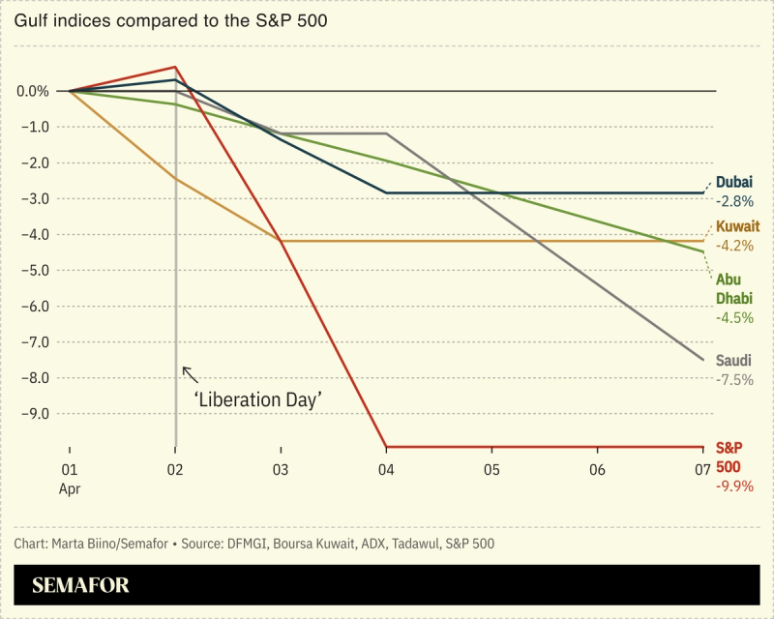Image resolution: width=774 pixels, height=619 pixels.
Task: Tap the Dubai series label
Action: pyautogui.click(x=733, y=182)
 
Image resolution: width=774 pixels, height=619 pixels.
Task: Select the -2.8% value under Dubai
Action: pyautogui.click(x=733, y=202)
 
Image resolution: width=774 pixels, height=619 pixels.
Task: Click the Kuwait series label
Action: pyautogui.click(x=737, y=226)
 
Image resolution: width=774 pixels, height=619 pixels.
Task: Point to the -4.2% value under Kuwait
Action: pyautogui.click(x=734, y=246)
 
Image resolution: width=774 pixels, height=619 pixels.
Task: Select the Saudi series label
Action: pyautogui.click(x=733, y=360)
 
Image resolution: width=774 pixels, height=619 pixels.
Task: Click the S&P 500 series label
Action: pyautogui.click(x=729, y=457)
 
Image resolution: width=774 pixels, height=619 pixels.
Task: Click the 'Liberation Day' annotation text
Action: pyautogui.click(x=259, y=398)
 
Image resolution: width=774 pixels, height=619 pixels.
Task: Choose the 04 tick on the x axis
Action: pyautogui.click(x=386, y=469)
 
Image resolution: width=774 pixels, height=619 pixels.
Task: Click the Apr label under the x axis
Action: pyautogui.click(x=69, y=489)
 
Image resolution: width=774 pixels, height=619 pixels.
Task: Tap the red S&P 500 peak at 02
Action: pyautogui.click(x=175, y=67)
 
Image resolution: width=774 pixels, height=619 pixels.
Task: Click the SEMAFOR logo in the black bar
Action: pyautogui.click(x=80, y=585)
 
